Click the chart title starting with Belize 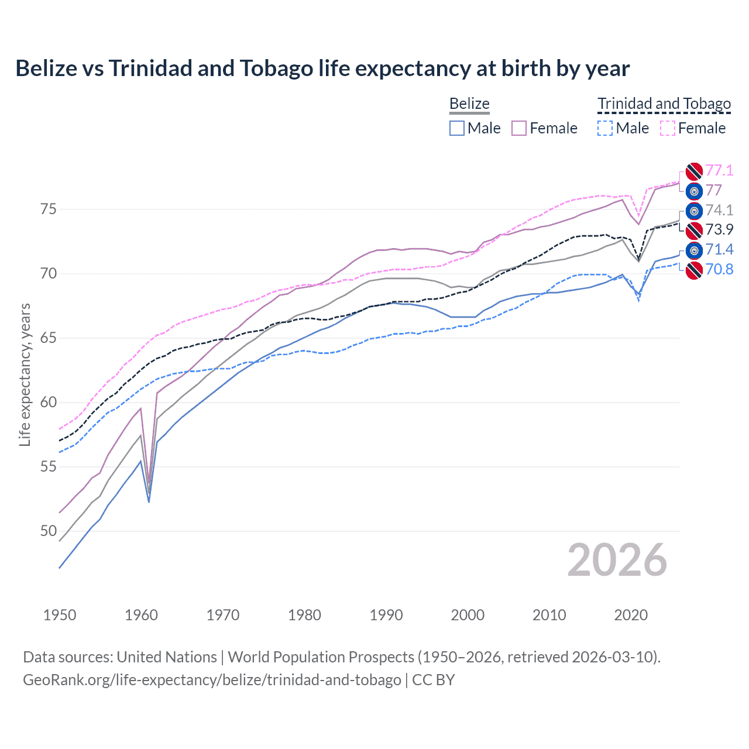[322, 68]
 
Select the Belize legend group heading [469, 104]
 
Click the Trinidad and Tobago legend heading [664, 104]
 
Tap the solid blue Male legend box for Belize [457, 128]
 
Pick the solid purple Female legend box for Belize [519, 128]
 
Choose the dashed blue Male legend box [605, 128]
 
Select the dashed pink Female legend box [668, 128]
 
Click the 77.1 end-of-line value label [719, 170]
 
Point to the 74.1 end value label [719, 210]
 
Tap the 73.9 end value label [719, 229]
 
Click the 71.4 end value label [719, 250]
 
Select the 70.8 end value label [719, 269]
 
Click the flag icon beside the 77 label [694, 191]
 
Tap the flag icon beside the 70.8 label [694, 270]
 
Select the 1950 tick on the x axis [60, 615]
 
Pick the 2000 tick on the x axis [468, 615]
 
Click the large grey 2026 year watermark [617, 560]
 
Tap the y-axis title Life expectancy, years [25, 374]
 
